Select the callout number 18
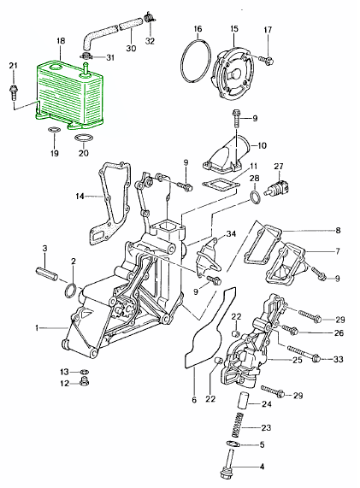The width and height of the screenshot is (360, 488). coord(60,41)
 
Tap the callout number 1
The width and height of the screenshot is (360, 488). coord(36,327)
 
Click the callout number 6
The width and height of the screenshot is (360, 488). coord(195,399)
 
